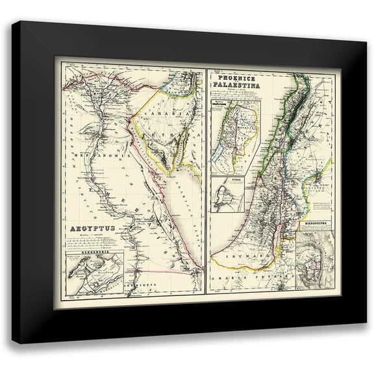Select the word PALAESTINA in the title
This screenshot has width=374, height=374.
(x=236, y=86)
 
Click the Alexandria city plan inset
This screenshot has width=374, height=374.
(x=95, y=272)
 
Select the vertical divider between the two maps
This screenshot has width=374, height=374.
(x=206, y=182)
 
